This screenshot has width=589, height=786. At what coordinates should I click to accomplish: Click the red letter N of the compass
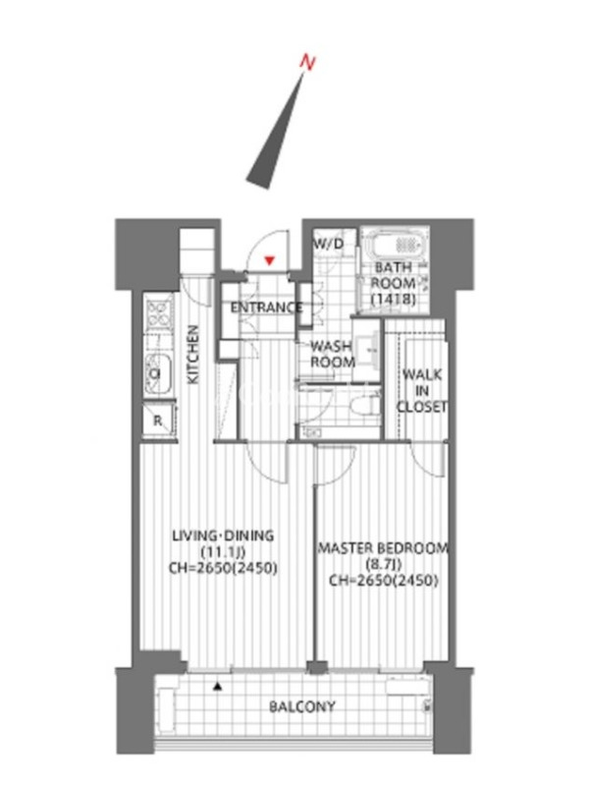click(308, 62)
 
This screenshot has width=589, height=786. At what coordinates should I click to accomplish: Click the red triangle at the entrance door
click(270, 260)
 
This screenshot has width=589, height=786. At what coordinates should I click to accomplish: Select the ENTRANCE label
click(266, 308)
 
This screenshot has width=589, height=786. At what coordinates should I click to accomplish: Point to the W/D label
click(329, 244)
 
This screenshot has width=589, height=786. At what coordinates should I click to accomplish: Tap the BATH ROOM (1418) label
click(394, 283)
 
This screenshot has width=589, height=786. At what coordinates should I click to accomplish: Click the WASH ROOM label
click(332, 354)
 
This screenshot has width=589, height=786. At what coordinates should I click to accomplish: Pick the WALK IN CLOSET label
click(422, 390)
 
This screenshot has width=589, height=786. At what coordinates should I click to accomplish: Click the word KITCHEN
click(192, 355)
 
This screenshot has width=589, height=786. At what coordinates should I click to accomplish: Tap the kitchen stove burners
click(159, 312)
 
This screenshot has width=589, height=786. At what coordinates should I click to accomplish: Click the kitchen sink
click(158, 373)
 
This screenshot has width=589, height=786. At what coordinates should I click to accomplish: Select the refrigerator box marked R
click(158, 421)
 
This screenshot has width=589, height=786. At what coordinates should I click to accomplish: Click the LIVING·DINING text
click(223, 535)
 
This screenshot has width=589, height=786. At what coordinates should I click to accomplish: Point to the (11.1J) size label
click(223, 552)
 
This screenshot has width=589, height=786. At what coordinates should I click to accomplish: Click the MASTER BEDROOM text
click(383, 548)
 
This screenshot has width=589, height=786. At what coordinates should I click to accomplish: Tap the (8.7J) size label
click(384, 564)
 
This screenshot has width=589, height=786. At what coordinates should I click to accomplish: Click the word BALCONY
click(302, 706)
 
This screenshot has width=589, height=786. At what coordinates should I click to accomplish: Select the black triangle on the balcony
click(217, 686)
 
